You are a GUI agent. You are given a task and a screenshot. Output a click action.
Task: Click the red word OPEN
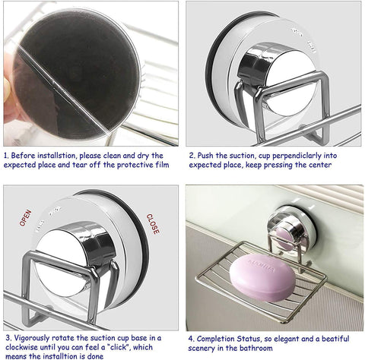tap(26, 218)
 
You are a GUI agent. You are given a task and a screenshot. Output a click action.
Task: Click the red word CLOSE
tap(153, 224)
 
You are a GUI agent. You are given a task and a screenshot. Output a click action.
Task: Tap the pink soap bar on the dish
tap(262, 278)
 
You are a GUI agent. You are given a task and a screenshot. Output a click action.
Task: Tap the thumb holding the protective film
tap(7, 87)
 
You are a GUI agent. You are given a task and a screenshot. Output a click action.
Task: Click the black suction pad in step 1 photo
tap(76, 74)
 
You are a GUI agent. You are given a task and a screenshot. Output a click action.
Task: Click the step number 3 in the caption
tap(8, 338)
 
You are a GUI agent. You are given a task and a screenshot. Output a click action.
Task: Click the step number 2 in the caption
tap(192, 156)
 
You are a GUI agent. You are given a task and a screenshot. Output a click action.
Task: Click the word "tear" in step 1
tap(80, 165)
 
